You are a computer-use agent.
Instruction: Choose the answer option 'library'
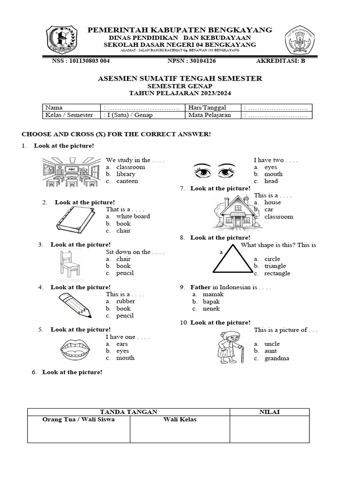[x=126, y=174]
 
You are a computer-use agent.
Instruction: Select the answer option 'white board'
[x=133, y=216]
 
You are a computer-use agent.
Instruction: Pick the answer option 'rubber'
[x=125, y=301]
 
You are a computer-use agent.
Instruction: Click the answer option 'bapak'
[x=211, y=301]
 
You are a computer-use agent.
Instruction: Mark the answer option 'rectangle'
[x=277, y=273]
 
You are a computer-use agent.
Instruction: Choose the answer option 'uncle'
[x=272, y=344]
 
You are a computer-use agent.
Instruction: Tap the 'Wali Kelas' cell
[x=180, y=420]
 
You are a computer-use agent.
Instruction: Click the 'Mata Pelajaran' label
[x=210, y=115]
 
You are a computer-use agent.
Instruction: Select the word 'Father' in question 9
[x=201, y=287]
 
